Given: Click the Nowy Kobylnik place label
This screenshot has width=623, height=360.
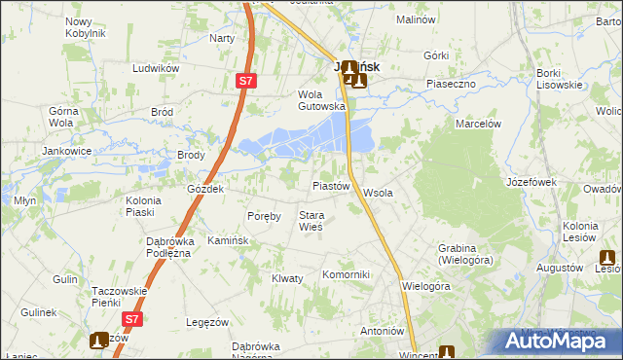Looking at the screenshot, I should (x=85, y=27).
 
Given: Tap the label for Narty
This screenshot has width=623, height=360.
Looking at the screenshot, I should (x=222, y=38).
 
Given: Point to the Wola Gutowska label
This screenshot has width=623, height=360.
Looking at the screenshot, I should (x=321, y=100).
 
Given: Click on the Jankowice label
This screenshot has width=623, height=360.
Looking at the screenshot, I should (x=66, y=152).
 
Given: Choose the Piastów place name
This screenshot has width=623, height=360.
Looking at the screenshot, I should (x=330, y=186).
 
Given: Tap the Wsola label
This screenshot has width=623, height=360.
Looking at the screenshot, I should (x=378, y=193).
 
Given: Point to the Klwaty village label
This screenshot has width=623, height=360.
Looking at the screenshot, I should (x=287, y=278).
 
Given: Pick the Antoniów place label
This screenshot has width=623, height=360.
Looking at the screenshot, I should (x=382, y=330).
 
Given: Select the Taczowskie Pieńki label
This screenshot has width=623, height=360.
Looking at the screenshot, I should (x=119, y=297).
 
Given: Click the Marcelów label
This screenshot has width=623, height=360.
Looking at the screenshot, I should (x=478, y=125).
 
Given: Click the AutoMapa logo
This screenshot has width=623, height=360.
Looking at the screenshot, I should (x=559, y=341).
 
